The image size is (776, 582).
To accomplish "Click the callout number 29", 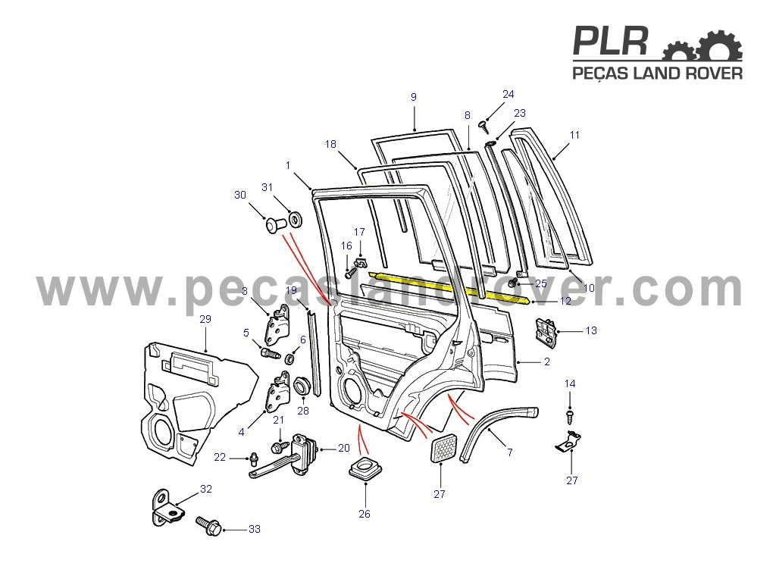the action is [x=205, y=319].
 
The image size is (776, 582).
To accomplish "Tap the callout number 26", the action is [x=365, y=514].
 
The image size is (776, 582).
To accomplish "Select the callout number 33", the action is [x=255, y=529].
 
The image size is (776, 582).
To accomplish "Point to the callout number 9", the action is [x=414, y=97].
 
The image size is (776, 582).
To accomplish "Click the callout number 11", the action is [x=574, y=135].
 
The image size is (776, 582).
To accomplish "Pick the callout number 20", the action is [x=344, y=448].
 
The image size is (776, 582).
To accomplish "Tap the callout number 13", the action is [x=591, y=330].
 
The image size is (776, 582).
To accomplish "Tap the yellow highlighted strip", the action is [x=450, y=286].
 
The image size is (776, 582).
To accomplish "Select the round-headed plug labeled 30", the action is [x=276, y=225].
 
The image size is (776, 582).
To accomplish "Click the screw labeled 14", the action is [x=570, y=416].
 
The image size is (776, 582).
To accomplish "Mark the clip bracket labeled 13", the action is [x=546, y=330].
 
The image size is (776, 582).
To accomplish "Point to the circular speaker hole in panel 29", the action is [x=160, y=430].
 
